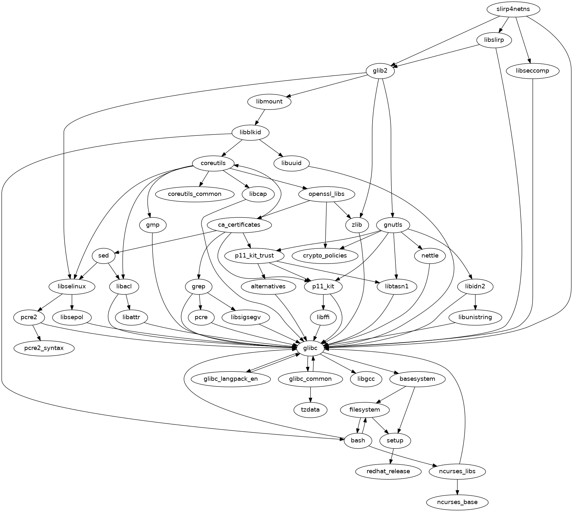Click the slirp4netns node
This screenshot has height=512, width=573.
(x=513, y=9)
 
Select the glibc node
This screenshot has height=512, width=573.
(x=310, y=348)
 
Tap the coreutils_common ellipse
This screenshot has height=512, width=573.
(x=194, y=194)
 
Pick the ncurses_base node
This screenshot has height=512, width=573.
(x=457, y=502)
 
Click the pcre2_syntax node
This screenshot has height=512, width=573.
(x=44, y=348)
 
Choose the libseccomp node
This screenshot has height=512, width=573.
(x=533, y=71)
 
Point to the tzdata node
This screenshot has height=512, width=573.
(x=310, y=410)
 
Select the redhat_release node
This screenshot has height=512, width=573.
(x=388, y=471)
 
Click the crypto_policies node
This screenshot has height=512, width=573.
(x=325, y=256)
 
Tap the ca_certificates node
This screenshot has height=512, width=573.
(x=239, y=225)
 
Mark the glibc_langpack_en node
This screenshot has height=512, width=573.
(x=230, y=379)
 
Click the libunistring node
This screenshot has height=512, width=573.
(x=475, y=317)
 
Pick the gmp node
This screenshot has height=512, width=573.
(x=153, y=225)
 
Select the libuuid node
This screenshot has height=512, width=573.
(x=291, y=163)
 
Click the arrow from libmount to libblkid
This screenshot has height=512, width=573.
(x=260, y=117)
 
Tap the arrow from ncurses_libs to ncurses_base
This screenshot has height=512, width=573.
(x=457, y=487)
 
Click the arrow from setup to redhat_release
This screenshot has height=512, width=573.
(x=392, y=456)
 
